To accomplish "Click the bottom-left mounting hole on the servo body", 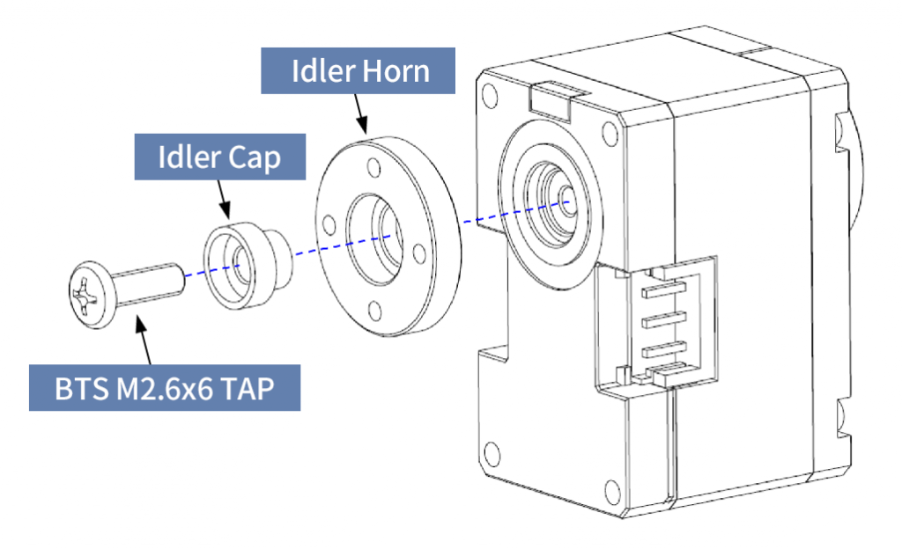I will (x=491, y=455).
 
